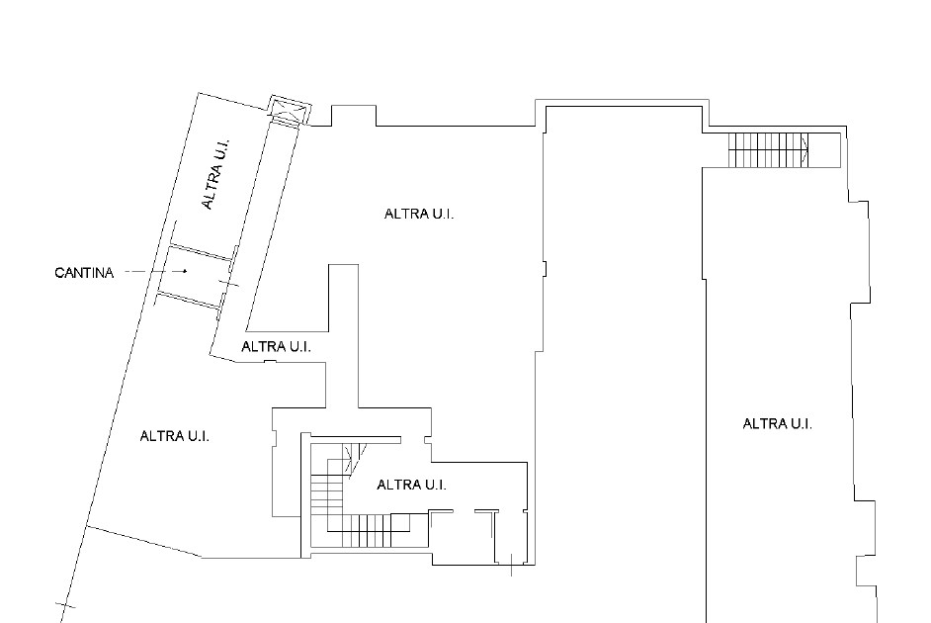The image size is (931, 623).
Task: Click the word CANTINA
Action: tap(84, 273)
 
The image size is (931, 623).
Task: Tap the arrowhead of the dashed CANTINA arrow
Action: tap(185, 271)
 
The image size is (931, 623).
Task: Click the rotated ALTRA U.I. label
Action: tap(215, 174)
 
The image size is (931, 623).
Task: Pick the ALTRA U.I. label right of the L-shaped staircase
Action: tap(411, 485)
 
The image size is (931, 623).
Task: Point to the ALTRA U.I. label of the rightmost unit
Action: tap(777, 423)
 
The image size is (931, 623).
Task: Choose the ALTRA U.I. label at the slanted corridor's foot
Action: tap(276, 346)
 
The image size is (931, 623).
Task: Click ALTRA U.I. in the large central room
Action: tap(419, 214)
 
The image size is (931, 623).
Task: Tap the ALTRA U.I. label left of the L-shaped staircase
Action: tap(175, 436)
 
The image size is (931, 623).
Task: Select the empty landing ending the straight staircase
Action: tap(824, 150)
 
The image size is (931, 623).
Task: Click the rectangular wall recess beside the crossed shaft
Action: tap(353, 116)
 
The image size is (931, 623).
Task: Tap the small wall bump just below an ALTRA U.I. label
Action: tap(270, 361)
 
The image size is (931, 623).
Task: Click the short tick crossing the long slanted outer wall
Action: tap(66, 606)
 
